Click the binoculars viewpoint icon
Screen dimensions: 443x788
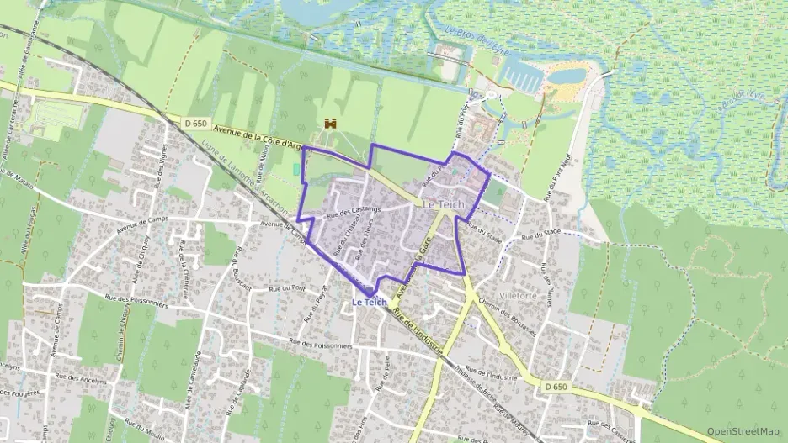click(x=330, y=124)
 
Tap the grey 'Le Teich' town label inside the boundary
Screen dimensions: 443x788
click(x=443, y=205)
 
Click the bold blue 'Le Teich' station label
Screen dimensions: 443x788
click(x=369, y=302)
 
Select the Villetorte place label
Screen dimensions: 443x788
click(x=524, y=296)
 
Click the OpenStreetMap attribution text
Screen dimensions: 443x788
click(x=743, y=430)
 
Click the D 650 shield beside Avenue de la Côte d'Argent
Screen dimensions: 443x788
click(x=195, y=124)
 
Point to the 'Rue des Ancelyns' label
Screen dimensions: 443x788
click(x=83, y=379)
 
